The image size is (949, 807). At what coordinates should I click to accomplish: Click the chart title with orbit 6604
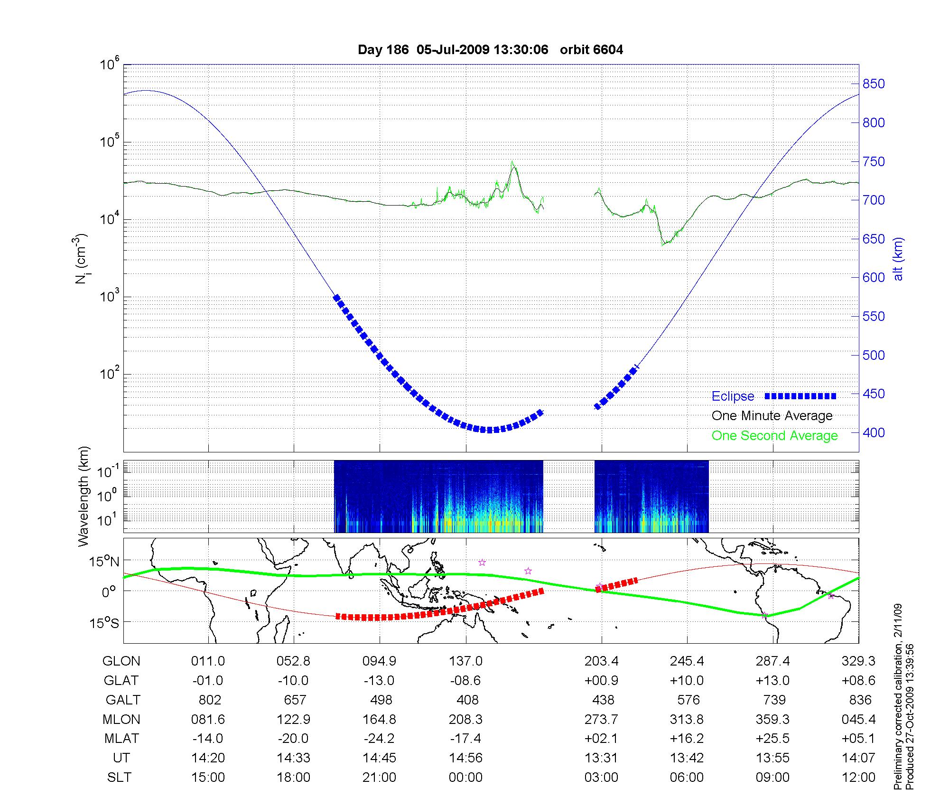pyautogui.click(x=490, y=50)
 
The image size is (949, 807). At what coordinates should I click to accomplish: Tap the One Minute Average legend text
pyautogui.click(x=772, y=416)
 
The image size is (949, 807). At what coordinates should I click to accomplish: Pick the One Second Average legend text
pyautogui.click(x=774, y=436)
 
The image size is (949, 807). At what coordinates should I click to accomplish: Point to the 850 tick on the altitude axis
pyautogui.click(x=874, y=84)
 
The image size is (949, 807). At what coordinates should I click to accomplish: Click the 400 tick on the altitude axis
pyautogui.click(x=874, y=432)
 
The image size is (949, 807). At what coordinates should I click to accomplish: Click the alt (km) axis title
pyautogui.click(x=898, y=259)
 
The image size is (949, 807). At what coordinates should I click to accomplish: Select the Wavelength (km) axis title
pyautogui.click(x=84, y=496)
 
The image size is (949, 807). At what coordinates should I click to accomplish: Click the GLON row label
pyautogui.click(x=121, y=661)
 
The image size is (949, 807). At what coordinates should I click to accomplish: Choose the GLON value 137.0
pyautogui.click(x=465, y=661)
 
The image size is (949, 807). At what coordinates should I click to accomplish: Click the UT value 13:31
pyautogui.click(x=601, y=758)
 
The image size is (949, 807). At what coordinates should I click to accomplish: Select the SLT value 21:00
pyautogui.click(x=380, y=778)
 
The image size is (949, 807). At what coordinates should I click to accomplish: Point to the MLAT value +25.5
pyautogui.click(x=772, y=739)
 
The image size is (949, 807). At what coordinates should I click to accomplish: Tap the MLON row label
pyautogui.click(x=121, y=719)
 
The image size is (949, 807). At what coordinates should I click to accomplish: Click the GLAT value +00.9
pyautogui.click(x=601, y=680)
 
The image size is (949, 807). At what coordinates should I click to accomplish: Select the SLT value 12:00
pyautogui.click(x=858, y=778)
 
